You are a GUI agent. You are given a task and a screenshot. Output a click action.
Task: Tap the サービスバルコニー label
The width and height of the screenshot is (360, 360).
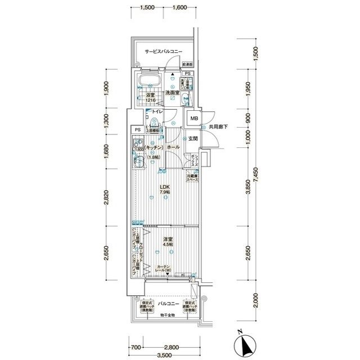pos(163,51)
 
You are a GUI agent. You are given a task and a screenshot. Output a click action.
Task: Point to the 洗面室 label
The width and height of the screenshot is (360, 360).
pos(172,92)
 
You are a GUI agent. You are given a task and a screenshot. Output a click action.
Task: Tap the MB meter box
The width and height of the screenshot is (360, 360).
pos(194,119)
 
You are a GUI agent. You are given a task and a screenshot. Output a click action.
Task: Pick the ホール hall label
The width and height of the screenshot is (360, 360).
pos(173,147)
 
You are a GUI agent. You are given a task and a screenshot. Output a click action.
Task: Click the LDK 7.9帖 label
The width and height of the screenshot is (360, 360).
pos(164,190)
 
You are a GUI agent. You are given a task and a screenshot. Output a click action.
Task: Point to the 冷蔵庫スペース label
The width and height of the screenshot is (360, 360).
pos(193,179)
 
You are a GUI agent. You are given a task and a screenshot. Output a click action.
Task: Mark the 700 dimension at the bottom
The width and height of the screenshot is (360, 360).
pos(135,347)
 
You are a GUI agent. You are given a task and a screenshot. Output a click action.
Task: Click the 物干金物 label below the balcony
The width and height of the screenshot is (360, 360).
pos(166,314)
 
